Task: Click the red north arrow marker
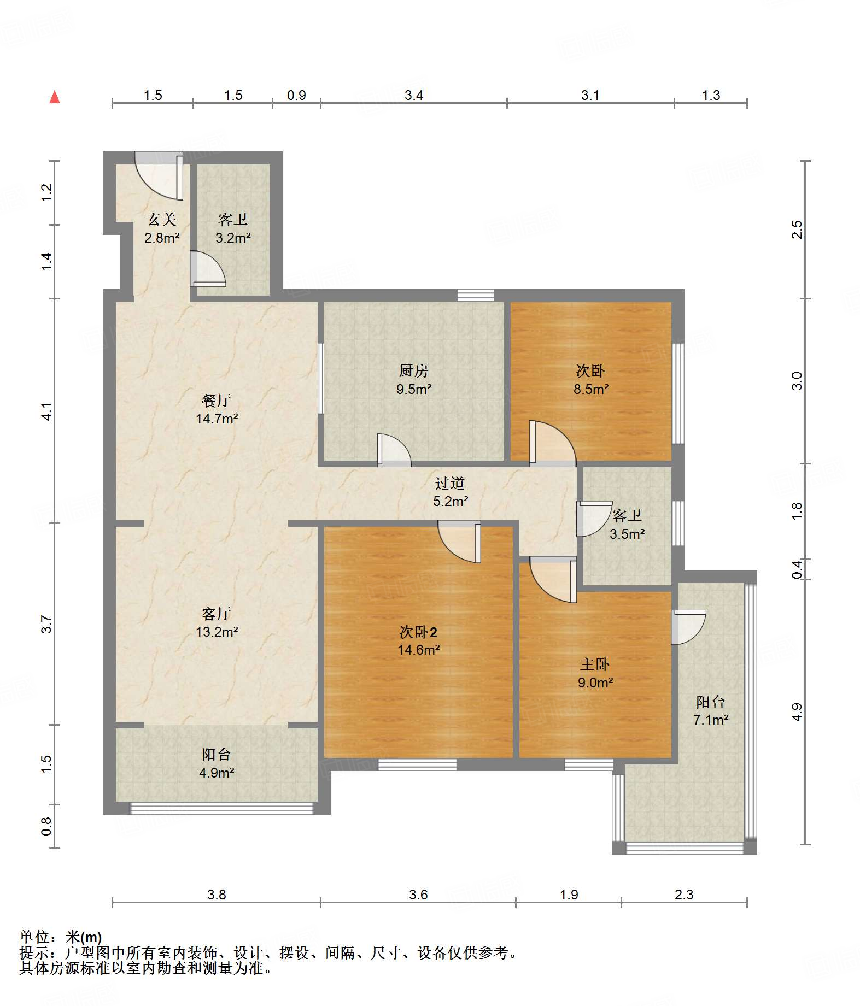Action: (x=55, y=97)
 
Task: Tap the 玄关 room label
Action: (x=162, y=220)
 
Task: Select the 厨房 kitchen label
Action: (x=413, y=371)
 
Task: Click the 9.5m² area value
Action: (x=414, y=390)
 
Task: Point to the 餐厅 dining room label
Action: (x=217, y=401)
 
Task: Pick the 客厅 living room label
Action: (x=217, y=614)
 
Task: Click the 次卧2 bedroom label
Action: (x=418, y=632)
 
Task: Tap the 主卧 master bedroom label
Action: (x=595, y=664)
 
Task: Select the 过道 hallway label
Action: (x=450, y=483)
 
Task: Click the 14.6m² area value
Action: (x=419, y=650)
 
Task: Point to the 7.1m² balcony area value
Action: (x=711, y=720)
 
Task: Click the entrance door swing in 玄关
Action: (x=159, y=176)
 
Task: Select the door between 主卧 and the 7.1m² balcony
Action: (x=688, y=627)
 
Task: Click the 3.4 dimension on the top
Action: (x=414, y=96)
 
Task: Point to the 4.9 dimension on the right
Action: (x=797, y=712)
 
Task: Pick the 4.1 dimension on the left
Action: (x=47, y=411)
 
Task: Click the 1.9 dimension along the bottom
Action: (x=569, y=895)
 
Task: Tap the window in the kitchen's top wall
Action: (x=476, y=296)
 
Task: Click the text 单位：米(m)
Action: (x=61, y=937)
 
